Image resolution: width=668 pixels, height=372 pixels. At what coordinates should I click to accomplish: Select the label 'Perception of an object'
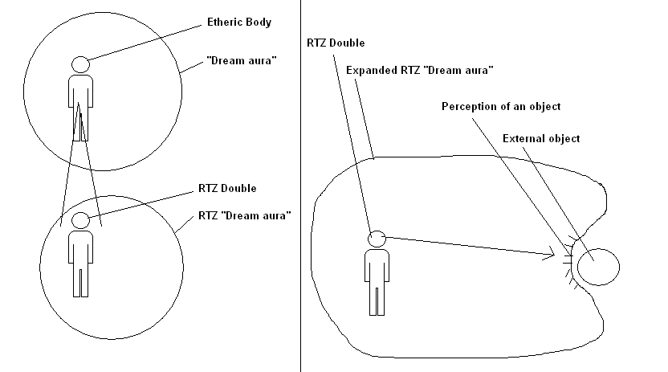(x=501, y=106)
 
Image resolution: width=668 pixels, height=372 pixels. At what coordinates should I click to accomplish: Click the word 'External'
(x=523, y=139)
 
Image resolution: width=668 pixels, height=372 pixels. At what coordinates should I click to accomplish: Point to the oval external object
(x=598, y=266)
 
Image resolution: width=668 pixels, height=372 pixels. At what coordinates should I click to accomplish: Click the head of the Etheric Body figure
(x=79, y=64)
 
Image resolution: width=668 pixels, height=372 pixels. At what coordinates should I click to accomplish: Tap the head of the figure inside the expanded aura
(x=377, y=239)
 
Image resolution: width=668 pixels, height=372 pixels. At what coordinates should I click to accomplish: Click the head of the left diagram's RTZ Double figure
(x=79, y=220)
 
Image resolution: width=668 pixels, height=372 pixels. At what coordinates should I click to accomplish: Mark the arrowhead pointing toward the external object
(x=553, y=255)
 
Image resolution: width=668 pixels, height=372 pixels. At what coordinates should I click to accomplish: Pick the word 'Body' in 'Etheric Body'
(x=259, y=22)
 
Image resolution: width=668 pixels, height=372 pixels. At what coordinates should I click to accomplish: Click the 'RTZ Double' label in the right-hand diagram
(x=336, y=42)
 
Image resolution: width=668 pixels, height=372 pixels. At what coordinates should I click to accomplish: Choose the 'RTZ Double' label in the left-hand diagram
(x=227, y=188)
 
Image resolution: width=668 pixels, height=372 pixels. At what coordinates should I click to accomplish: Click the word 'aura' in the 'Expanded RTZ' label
(x=478, y=71)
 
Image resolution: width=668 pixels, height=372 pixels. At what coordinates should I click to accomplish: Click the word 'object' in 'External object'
(x=563, y=139)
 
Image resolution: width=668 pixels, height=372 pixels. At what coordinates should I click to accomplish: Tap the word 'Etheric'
(x=222, y=22)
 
